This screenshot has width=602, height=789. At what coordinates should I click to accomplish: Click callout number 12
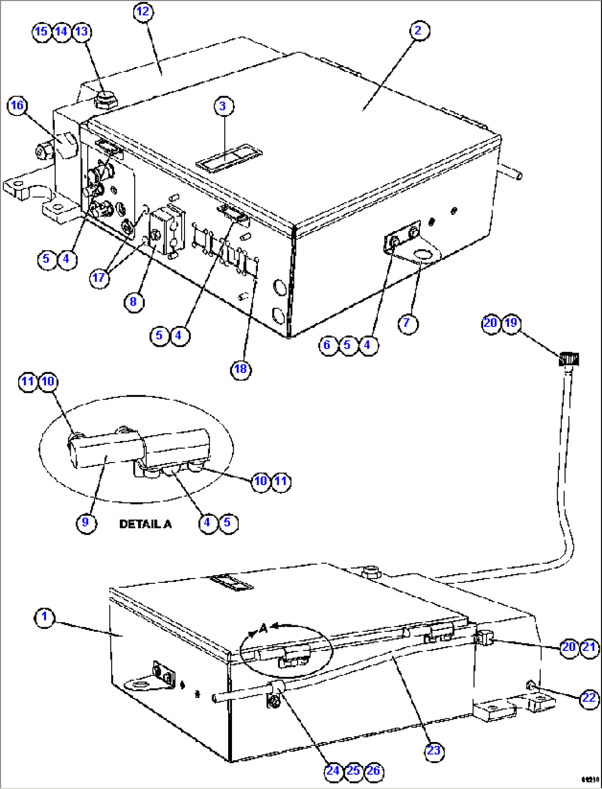pos(143,12)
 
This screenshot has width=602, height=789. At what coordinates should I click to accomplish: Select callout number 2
pos(418,30)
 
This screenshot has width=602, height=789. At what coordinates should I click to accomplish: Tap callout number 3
pos(223,106)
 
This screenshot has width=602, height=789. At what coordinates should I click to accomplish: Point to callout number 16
pos(18,105)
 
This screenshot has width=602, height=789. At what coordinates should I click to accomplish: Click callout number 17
pos(99,277)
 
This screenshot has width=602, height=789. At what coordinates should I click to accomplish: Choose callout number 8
pos(133,302)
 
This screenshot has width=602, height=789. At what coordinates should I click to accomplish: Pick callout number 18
pos(241,369)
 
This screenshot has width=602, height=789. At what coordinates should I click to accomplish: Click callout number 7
pos(407,322)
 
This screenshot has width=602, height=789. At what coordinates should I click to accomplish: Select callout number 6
pos(328,345)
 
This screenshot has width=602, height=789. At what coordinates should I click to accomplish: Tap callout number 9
pos(86,522)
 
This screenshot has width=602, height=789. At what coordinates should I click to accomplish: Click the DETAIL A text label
pos(145,524)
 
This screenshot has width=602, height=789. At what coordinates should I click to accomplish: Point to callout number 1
pos(45,617)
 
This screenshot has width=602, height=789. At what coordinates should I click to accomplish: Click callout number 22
pos(589,698)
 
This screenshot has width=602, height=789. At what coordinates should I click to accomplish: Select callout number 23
pos(434,750)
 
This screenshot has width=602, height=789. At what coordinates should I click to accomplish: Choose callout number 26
pos(373,770)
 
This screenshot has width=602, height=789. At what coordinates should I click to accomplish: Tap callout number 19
pos(511,323)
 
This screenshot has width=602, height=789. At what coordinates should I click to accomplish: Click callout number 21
pos(589,647)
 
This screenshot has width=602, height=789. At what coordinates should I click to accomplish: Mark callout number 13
pos(81,31)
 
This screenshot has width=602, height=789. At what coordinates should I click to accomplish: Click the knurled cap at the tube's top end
pos(569,359)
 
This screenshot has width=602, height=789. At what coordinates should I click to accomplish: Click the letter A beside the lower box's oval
pos(263,628)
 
